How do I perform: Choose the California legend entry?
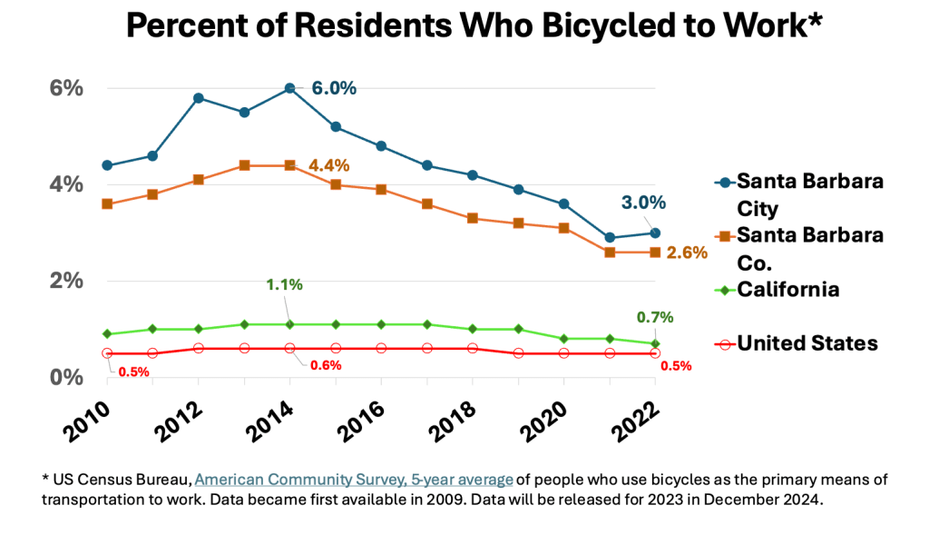[x=787, y=290]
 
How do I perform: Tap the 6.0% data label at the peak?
[x=334, y=88]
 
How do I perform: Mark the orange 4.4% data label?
[x=328, y=165]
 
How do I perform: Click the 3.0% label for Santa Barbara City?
[x=644, y=203]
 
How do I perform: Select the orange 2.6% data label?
[x=687, y=253]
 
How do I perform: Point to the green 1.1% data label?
[x=284, y=284]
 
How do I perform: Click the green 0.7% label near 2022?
[x=654, y=317]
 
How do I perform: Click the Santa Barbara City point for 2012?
[x=199, y=98]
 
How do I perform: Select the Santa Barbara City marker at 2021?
[x=610, y=237]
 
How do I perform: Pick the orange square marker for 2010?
[x=107, y=203]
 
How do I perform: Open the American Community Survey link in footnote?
[x=354, y=479]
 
